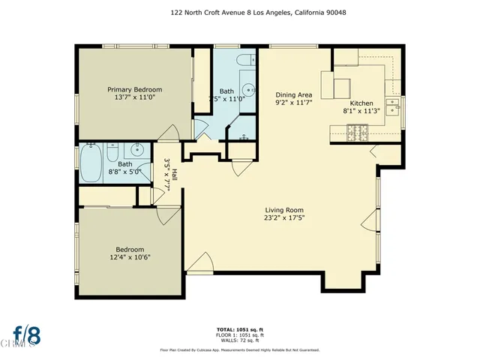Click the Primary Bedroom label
tap(134, 89)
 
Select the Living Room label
tap(283, 210)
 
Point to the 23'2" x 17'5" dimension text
tap(283, 218)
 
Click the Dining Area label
tap(293, 94)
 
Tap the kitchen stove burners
tap(357, 133)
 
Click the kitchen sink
tap(391, 103)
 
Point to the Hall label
tap(173, 174)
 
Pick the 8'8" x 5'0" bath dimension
tap(125, 172)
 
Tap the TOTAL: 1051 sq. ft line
tap(240, 329)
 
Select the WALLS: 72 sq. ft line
tap(240, 340)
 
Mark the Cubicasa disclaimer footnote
tap(240, 349)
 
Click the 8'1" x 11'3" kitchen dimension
tap(361, 110)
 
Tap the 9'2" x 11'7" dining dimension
tap(293, 102)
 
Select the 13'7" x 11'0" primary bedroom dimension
tap(134, 97)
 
